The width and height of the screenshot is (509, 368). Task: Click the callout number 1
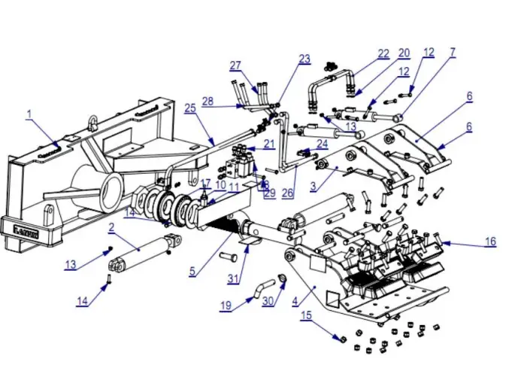click(x=29, y=114)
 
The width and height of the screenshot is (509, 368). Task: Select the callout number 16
click(x=490, y=242)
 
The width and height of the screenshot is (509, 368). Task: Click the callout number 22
click(x=383, y=53)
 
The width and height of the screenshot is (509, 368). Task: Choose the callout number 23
click(x=304, y=59)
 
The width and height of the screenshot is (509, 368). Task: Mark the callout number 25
click(x=190, y=108)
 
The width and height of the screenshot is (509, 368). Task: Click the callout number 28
click(x=208, y=100)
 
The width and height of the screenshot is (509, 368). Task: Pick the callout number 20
click(x=404, y=53)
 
